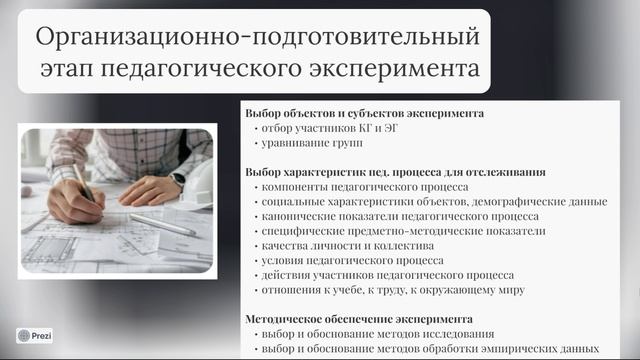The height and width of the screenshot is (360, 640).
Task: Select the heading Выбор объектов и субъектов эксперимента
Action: [x=364, y=113]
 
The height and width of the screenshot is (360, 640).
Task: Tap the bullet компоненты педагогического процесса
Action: [x=358, y=187]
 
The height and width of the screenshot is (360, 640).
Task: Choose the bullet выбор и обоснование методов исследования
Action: [x=374, y=334]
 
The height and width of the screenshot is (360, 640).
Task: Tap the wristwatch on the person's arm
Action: [x=177, y=180]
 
